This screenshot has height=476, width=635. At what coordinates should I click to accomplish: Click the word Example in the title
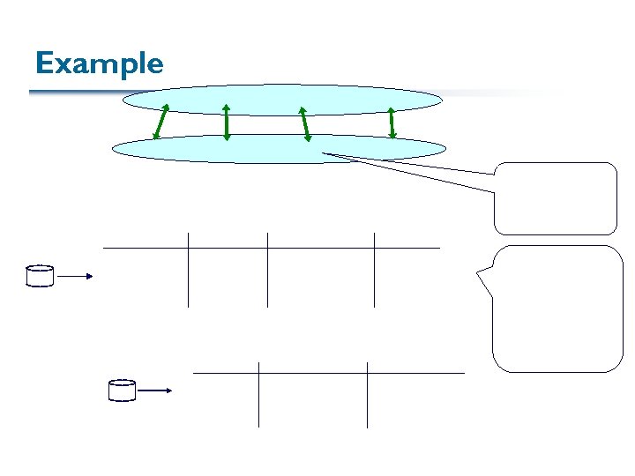99,63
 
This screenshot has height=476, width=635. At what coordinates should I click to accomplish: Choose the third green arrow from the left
304,123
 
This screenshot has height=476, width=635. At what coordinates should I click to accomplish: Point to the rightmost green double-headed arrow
392,122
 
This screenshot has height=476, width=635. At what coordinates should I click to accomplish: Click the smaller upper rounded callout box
555,198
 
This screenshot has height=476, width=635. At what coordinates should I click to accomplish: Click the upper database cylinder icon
40,276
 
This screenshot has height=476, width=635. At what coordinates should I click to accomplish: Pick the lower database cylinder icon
122,390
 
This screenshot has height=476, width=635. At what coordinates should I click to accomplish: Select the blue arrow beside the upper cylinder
76,277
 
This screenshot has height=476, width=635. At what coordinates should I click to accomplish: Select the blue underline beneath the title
79,92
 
